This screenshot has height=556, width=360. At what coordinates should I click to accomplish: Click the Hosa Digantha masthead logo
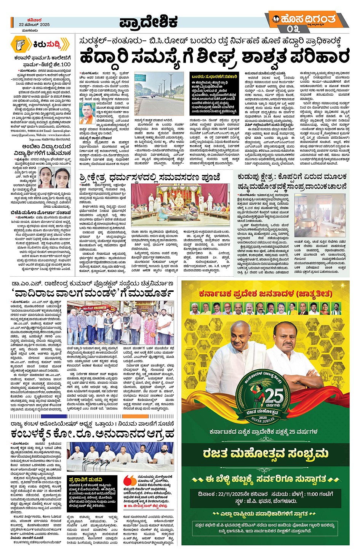pyautogui.click(x=307, y=19)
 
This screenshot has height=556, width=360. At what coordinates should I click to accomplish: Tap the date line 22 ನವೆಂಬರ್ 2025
pyautogui.click(x=34, y=24)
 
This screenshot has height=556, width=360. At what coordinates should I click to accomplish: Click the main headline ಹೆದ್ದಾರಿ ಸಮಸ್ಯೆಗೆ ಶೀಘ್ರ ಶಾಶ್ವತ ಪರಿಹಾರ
pyautogui.click(x=214, y=57)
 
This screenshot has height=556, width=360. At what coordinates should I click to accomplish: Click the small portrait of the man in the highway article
pyautogui.click(x=88, y=113)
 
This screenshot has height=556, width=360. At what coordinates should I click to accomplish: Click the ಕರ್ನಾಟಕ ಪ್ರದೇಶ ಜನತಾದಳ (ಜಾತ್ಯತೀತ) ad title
pyautogui.click(x=266, y=294)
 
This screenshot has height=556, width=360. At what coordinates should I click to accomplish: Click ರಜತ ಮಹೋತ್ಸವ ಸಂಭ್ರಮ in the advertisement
pyautogui.click(x=266, y=453)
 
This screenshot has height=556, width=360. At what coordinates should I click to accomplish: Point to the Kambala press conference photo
pyautogui.click(x=120, y=457)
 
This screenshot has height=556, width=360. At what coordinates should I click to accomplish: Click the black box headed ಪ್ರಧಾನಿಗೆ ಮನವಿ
pyautogui.click(x=93, y=492)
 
